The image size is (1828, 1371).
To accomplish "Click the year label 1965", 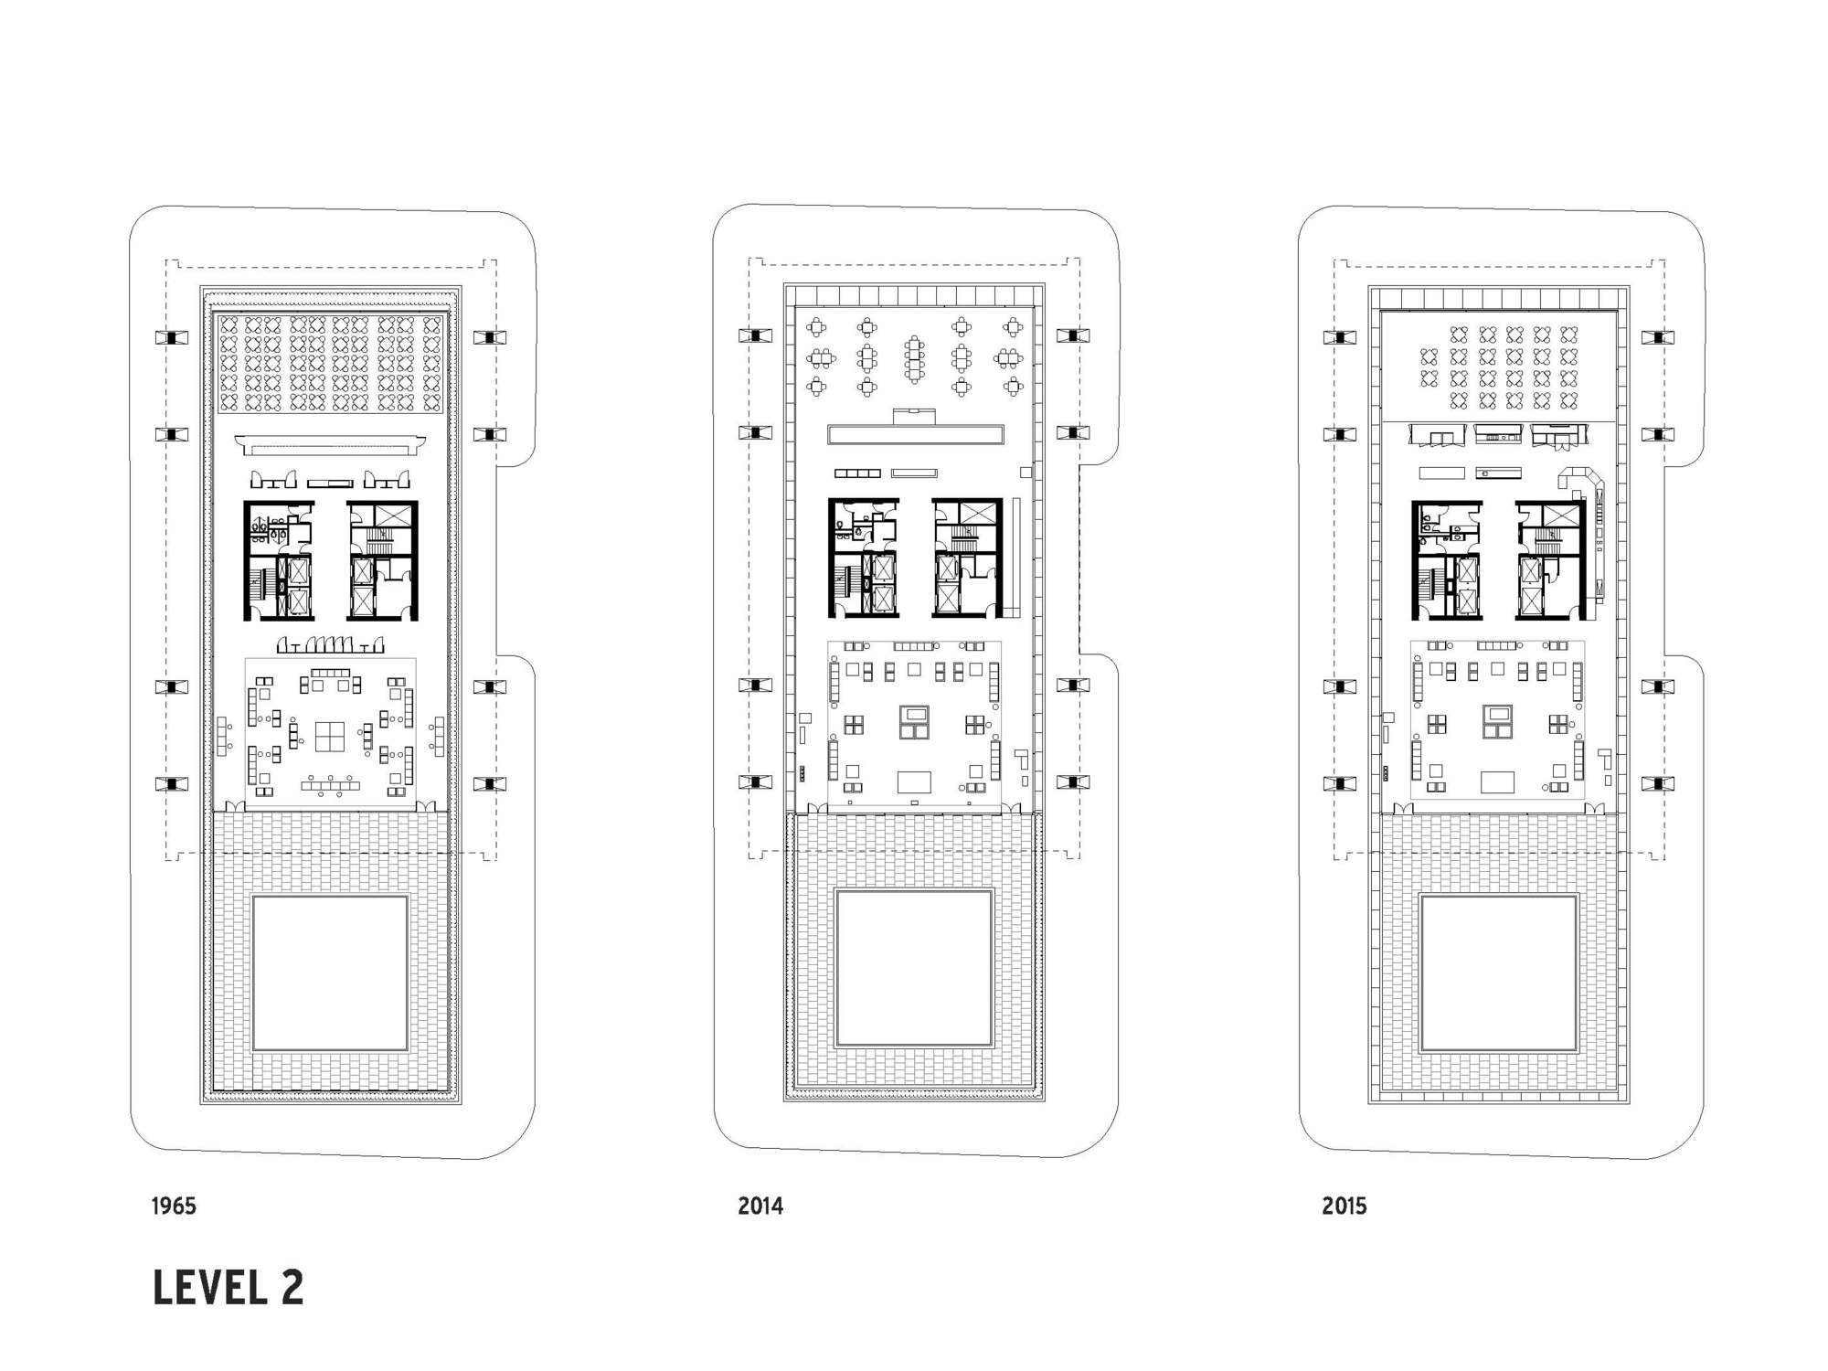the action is (x=174, y=1206).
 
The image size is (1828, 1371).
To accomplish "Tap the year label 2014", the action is (x=760, y=1206).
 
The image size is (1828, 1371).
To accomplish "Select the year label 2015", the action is (x=1344, y=1206).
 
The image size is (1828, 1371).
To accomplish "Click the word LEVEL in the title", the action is (x=207, y=1288).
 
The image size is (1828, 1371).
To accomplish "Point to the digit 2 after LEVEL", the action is (x=292, y=1288).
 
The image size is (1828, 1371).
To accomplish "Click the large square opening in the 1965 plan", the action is (x=330, y=973).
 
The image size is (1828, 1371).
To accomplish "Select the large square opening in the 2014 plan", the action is (x=914, y=968).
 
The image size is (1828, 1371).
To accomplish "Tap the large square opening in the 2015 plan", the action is (x=1499, y=972).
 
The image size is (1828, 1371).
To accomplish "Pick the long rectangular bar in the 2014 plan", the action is (x=914, y=434).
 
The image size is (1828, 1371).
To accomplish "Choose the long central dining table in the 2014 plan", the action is (x=914, y=359).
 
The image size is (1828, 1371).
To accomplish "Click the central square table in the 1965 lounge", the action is (x=330, y=736).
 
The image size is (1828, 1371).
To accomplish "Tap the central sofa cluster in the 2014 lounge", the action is (x=914, y=722).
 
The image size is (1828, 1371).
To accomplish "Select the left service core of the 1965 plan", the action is (x=279, y=560).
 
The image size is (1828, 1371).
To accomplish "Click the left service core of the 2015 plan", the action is (x=1446, y=559).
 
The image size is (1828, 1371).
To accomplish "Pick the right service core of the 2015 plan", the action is (x=1551, y=559).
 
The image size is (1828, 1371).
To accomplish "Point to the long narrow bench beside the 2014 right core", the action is (x=1016, y=557).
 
